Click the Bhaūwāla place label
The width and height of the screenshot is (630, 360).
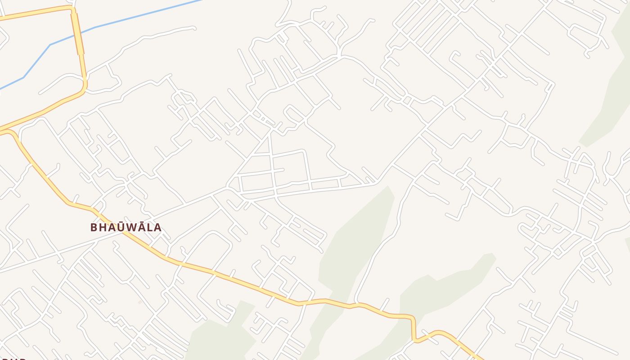click(x=126, y=227)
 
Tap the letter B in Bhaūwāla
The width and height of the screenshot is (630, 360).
click(x=94, y=227)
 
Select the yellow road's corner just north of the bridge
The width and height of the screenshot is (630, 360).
click(x=72, y=9)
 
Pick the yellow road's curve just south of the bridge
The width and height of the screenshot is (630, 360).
click(x=84, y=85)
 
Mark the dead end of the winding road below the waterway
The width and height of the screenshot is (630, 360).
click(x=194, y=28)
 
